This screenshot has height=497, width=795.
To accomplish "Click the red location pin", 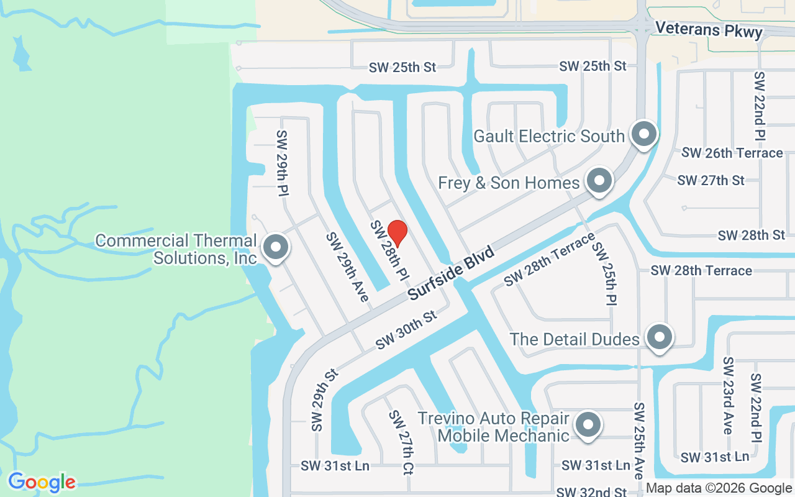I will tap(397, 233).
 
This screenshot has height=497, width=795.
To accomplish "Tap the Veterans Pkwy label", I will tap(709, 29).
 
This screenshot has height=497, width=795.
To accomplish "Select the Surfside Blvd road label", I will tap(452, 273).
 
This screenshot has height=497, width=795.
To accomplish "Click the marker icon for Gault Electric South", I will tap(643, 134).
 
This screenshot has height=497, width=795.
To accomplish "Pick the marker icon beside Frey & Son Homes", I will tap(599, 181).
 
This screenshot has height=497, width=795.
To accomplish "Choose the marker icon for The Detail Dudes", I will tap(659, 337).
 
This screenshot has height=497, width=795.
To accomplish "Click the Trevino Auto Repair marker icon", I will tap(588, 426).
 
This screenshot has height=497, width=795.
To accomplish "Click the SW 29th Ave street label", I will tap(348, 267).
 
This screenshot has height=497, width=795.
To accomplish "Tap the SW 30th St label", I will tap(406, 330).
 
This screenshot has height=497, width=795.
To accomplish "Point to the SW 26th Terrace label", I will tap(732, 153).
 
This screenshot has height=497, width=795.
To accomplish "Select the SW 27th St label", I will tap(711, 181).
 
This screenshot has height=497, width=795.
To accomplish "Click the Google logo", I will tap(42, 482).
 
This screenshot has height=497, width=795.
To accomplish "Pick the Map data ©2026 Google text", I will tap(719, 488).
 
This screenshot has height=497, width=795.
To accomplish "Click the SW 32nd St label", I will tap(591, 492).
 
